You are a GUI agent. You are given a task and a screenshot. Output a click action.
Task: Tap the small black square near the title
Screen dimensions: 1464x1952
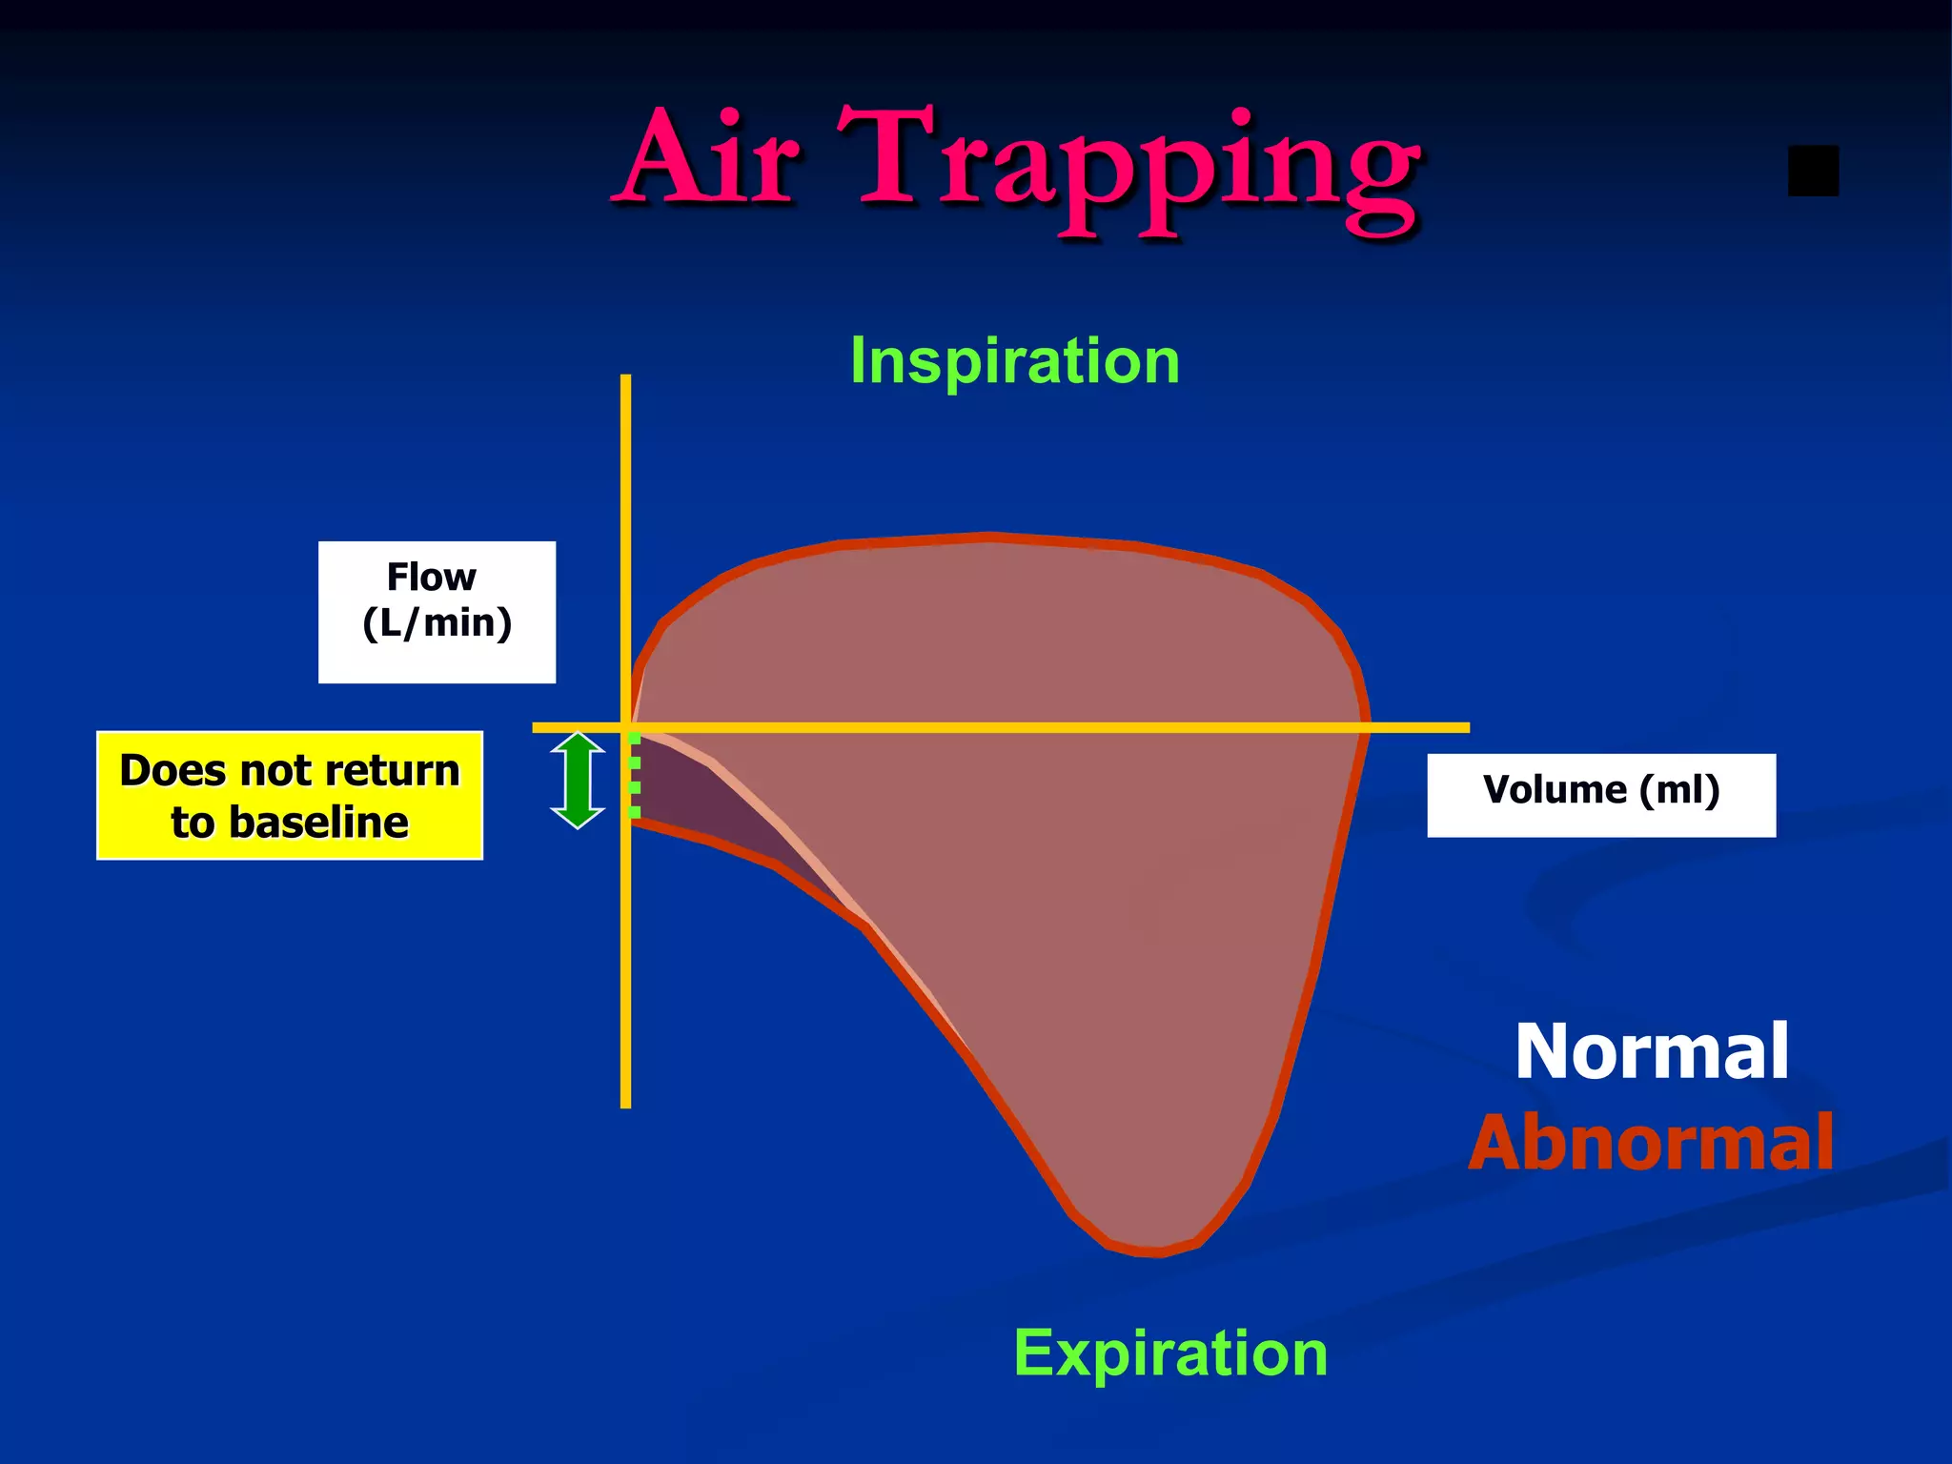pos(1813,171)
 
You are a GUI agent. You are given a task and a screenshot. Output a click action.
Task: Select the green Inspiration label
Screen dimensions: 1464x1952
pos(1014,361)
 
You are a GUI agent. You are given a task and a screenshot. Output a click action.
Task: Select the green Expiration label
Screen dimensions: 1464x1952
pos(1169,1352)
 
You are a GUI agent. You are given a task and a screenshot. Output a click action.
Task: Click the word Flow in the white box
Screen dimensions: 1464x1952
pos(431,578)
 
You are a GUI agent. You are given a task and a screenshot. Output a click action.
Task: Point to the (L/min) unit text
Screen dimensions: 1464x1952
pos(437,623)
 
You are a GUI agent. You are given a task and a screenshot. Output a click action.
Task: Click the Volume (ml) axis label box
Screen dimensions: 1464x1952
pos(1600,794)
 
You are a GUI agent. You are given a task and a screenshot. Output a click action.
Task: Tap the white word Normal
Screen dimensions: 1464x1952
pos(1652,1051)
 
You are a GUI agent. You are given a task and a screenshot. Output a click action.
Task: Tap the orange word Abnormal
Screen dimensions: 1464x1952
pos(1651,1143)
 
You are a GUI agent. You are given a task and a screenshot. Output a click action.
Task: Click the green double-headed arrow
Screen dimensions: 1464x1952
pos(578,780)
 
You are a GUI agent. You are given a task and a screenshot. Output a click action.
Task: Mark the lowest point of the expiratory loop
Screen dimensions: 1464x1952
pos(1153,1251)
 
